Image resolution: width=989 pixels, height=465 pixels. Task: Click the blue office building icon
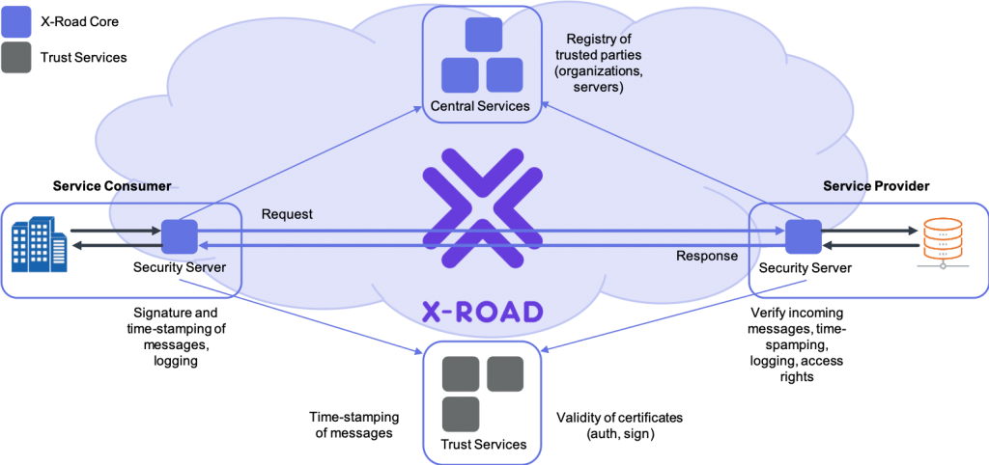point(39,244)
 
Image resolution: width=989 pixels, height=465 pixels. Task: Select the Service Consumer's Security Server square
point(180,237)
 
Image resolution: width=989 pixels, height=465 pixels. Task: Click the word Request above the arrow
point(287,215)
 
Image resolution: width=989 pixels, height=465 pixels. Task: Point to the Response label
point(706,256)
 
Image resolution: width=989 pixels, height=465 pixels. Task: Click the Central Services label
point(480,106)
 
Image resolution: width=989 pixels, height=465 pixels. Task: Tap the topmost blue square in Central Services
point(483,35)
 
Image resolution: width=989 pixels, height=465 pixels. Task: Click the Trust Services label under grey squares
point(484,444)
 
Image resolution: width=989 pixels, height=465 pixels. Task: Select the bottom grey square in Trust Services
point(461,413)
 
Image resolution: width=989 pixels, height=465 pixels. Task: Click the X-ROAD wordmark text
point(482,312)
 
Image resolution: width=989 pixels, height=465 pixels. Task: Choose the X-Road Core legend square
point(15,21)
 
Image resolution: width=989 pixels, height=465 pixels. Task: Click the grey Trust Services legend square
point(15,57)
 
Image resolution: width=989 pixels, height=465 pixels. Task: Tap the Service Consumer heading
point(112,186)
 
